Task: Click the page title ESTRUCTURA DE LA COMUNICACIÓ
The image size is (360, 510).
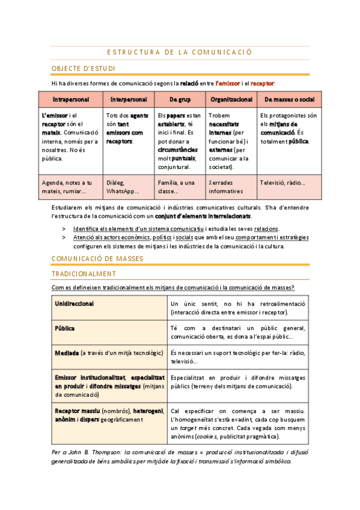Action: tap(174, 52)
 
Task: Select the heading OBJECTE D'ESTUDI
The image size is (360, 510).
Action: tap(84, 69)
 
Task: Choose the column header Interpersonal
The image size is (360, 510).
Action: tap(128, 99)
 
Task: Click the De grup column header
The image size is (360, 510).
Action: tap(180, 99)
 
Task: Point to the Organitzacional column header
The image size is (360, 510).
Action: tap(231, 99)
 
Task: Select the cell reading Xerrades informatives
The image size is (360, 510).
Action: tap(225, 186)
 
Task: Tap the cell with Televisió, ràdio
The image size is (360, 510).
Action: tap(282, 182)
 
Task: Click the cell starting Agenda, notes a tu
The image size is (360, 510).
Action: tap(67, 186)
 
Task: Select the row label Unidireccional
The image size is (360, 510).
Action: tap(75, 304)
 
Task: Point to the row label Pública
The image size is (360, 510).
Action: tap(65, 329)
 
